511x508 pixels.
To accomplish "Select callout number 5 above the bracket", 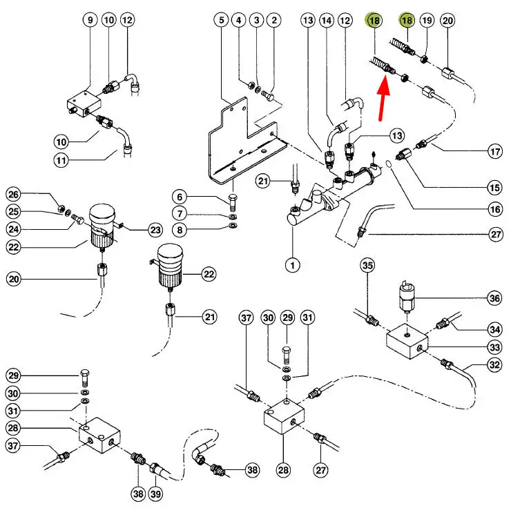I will pyautogui.click(x=222, y=21).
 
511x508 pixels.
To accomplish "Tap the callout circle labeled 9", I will pyautogui.click(x=90, y=21).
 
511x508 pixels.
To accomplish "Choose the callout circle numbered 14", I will pyautogui.click(x=327, y=21).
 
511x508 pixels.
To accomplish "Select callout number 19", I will pyautogui.click(x=427, y=21).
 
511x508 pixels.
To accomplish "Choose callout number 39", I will pyautogui.click(x=157, y=494).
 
